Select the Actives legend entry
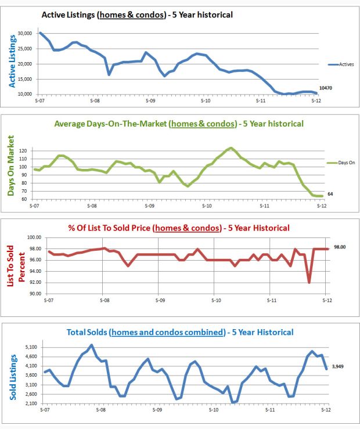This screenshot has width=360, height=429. point(342,64)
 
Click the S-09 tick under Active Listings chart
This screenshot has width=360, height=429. point(150,100)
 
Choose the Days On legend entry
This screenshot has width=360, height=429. point(342,164)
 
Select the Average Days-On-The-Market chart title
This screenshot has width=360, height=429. point(178,124)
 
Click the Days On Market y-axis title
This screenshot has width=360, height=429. point(10,165)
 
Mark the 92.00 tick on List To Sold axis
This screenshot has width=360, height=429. point(34,283)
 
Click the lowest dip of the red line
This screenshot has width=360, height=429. point(309,283)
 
